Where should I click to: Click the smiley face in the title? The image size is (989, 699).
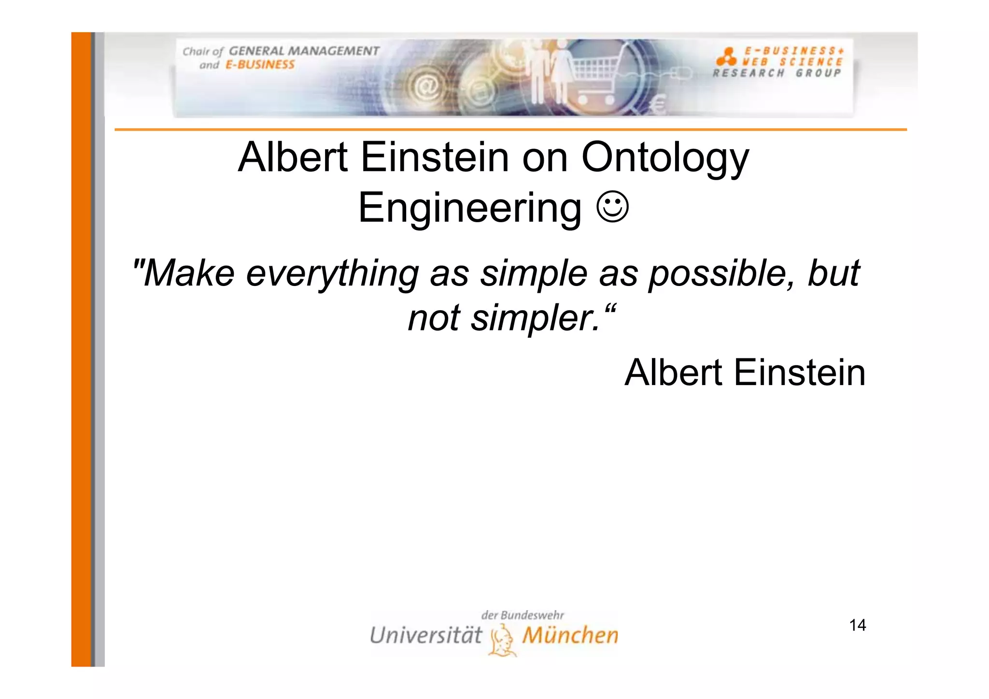(613, 207)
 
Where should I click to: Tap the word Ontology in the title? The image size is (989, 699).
(665, 158)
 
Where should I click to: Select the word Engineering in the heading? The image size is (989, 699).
(470, 208)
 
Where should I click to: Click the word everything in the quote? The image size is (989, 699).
(332, 273)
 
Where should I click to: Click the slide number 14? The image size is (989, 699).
(857, 626)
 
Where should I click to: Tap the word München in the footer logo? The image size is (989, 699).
(570, 635)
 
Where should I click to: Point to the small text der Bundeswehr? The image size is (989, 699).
(523, 615)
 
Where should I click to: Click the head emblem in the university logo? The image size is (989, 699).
(502, 640)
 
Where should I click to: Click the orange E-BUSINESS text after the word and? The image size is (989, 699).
(260, 65)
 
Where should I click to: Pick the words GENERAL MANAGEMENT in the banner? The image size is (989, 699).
(304, 51)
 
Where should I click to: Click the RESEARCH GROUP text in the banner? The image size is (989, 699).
(777, 73)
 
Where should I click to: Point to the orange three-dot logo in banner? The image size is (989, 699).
(726, 57)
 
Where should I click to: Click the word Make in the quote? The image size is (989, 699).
(188, 273)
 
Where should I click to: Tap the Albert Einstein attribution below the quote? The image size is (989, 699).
(745, 373)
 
